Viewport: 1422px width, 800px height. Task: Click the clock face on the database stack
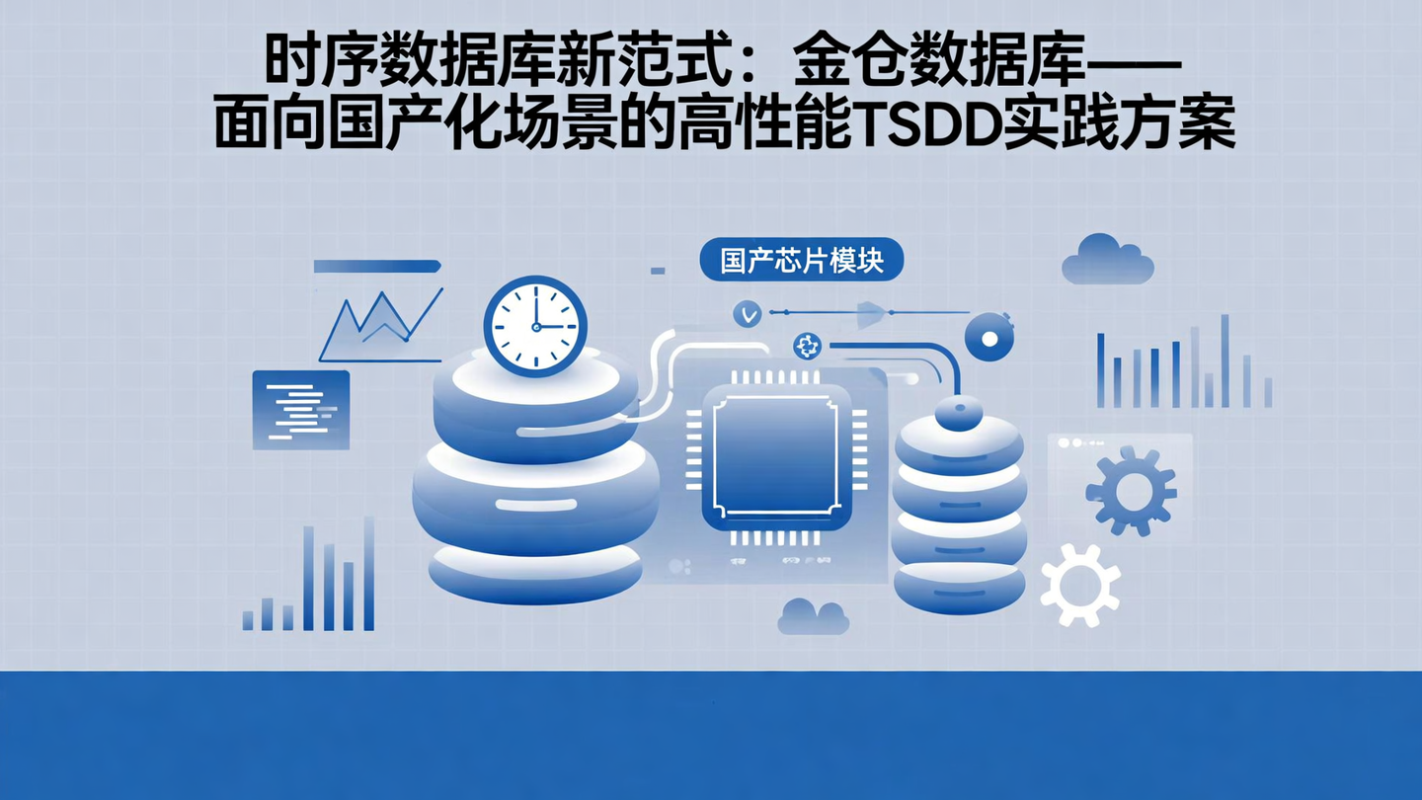[x=535, y=326]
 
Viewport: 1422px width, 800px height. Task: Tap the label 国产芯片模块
[x=801, y=261]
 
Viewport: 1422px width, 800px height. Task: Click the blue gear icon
[x=1131, y=490]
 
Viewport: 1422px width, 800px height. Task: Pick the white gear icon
[x=1080, y=585]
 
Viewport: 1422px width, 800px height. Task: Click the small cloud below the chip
[x=813, y=616]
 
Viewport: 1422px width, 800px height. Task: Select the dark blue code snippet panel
[x=301, y=410]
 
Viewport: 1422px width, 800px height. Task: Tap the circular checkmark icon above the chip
[x=748, y=314]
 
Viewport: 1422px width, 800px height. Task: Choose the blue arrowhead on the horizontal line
[x=870, y=313]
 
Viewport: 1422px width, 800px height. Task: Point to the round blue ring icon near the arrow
[x=988, y=337]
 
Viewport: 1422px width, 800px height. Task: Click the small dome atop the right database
[x=958, y=412]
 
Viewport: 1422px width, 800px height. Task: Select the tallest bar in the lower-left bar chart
[x=369, y=574]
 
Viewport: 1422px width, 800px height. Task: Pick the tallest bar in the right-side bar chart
[x=1224, y=360]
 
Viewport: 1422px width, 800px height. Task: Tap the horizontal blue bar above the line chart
[x=376, y=266]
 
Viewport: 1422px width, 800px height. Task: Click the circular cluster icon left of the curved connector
[x=807, y=346]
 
